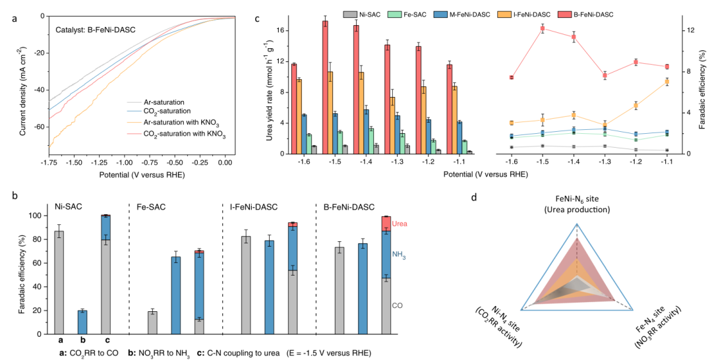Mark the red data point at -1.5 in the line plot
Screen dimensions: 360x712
[x=542, y=28]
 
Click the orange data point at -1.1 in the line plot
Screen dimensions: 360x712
[x=667, y=81]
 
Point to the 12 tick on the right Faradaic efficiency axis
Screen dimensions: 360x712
[x=687, y=31]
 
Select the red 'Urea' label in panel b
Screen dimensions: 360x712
[x=400, y=225]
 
